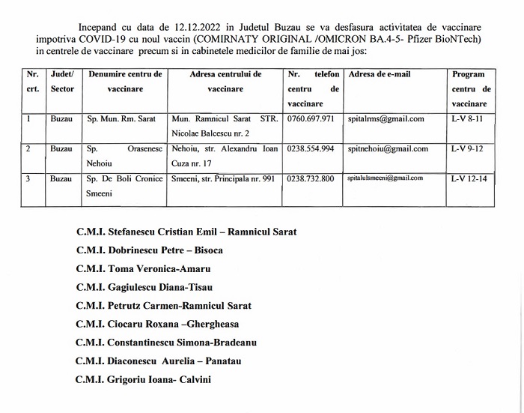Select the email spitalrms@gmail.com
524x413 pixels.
click(x=386, y=119)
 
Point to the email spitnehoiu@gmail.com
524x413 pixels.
click(x=388, y=149)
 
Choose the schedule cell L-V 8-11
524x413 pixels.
click(x=468, y=119)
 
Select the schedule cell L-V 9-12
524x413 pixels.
click(x=468, y=149)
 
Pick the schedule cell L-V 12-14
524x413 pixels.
click(x=469, y=179)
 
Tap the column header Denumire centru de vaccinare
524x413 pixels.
click(x=124, y=82)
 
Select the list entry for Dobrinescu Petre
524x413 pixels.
click(x=150, y=250)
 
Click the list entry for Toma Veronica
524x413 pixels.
click(x=143, y=268)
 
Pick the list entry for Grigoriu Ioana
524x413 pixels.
click(x=143, y=380)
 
